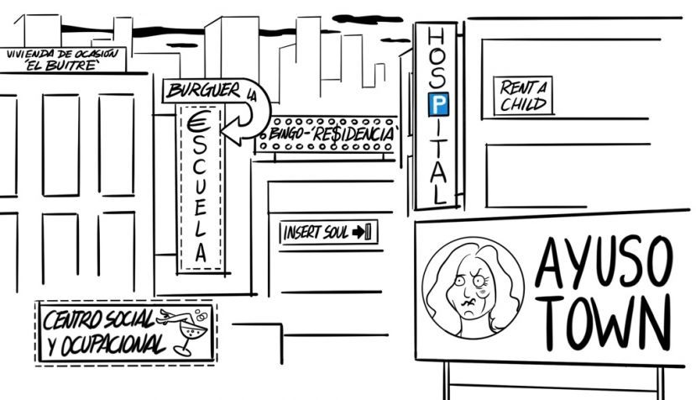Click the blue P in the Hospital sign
(438, 104)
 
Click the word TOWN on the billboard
(606, 321)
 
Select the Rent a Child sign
(523, 96)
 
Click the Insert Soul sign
(328, 232)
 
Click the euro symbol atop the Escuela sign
(198, 121)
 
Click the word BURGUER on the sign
(203, 91)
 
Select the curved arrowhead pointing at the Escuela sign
(234, 129)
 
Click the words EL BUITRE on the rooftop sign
(61, 66)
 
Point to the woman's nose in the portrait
(467, 291)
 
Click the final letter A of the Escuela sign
(201, 252)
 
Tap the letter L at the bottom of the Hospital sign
(439, 194)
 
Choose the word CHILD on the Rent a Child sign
(523, 104)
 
